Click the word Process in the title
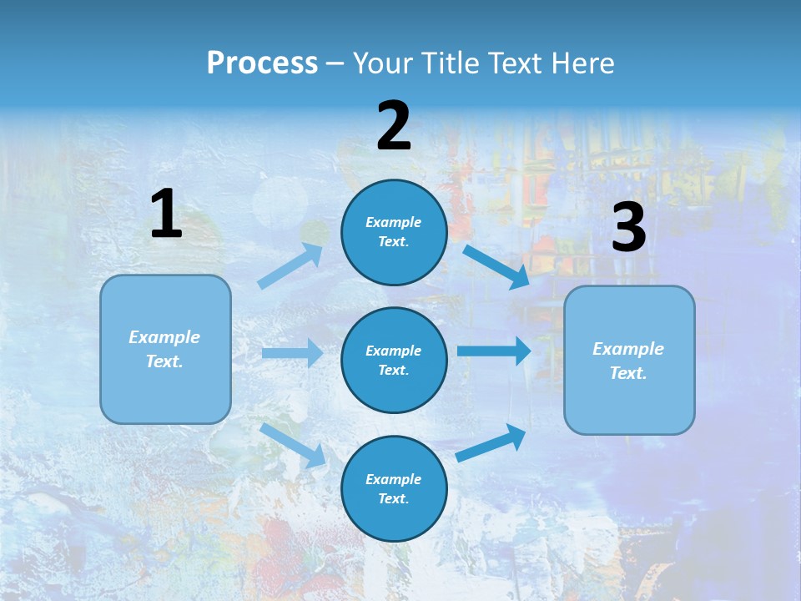point(262,63)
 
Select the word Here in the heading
point(579,63)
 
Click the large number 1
point(166,215)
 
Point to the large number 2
point(394,126)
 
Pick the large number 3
point(628,228)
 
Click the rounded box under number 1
point(165,349)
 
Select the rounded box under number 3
point(629,360)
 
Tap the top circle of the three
point(394,232)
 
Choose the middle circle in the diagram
point(394,360)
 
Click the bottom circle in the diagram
point(394,488)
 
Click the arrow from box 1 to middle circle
point(292,353)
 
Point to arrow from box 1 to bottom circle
point(293,445)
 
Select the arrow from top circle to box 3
point(496,266)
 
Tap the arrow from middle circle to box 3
point(493,351)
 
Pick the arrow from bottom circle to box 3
point(491,442)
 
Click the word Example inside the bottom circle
point(393,479)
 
